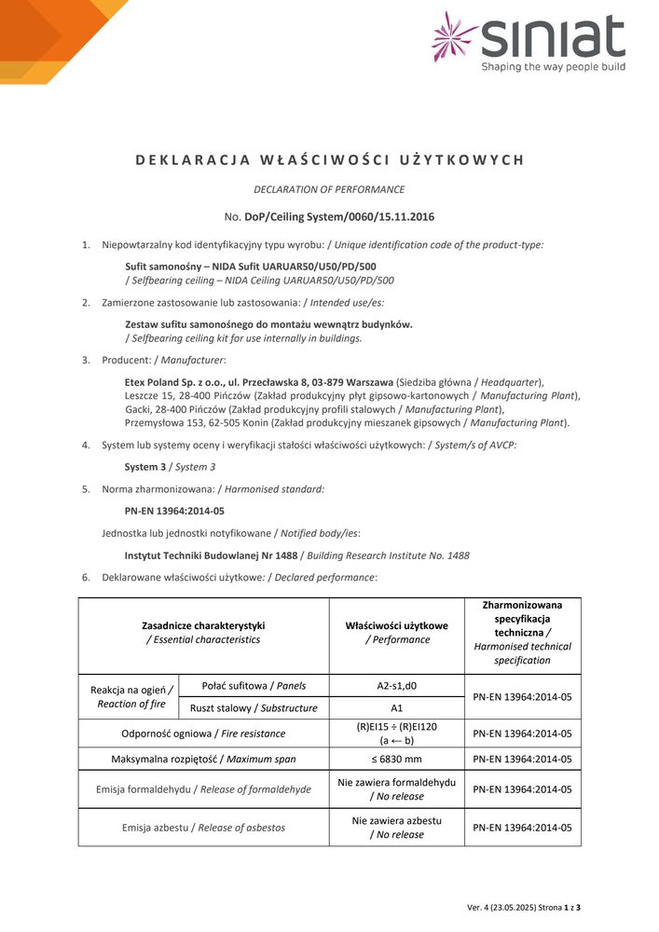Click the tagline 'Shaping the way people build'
pos(553,67)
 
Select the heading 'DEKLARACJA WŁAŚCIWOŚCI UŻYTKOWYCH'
pos(330,159)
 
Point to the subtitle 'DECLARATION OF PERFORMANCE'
pos(329,189)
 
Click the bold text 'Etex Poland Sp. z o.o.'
pos(180,382)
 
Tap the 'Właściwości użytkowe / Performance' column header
pos(397,633)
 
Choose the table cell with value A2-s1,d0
pos(397,686)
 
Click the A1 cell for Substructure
pos(397,708)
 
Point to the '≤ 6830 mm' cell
pos(397,759)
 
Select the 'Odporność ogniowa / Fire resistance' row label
pos(203,733)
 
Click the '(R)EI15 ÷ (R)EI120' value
pos(397,727)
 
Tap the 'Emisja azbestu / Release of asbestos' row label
pos(203,828)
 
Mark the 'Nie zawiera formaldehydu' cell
pos(397,783)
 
